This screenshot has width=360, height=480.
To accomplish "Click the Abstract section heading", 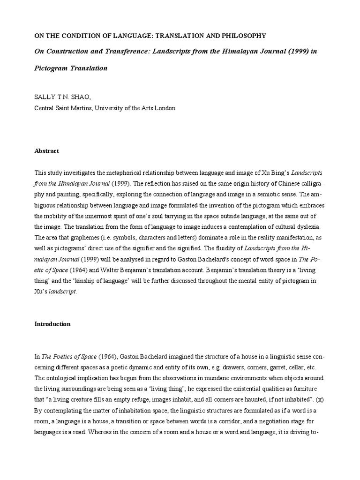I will tap(47, 151).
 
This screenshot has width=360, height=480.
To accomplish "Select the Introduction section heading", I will tap(52, 324).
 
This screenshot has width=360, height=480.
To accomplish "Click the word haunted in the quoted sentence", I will tap(247, 399).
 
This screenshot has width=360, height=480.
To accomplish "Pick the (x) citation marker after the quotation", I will tap(319, 399).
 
